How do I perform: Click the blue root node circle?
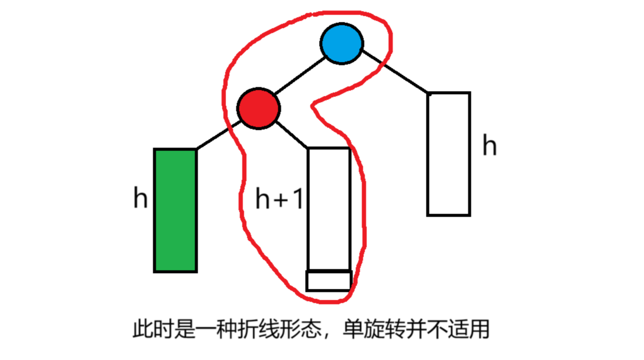pos(342,43)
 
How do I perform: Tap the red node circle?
pos(258,108)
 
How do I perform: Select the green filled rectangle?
pos(175,210)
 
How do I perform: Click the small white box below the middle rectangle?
pos(328,281)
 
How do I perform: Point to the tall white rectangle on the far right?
pos(448,154)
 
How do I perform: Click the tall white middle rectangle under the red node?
pos(329,208)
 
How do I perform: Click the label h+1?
pos(279,199)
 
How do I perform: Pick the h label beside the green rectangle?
pos(140,198)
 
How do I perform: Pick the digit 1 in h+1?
pos(298,199)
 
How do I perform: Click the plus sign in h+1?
pos(281,200)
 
